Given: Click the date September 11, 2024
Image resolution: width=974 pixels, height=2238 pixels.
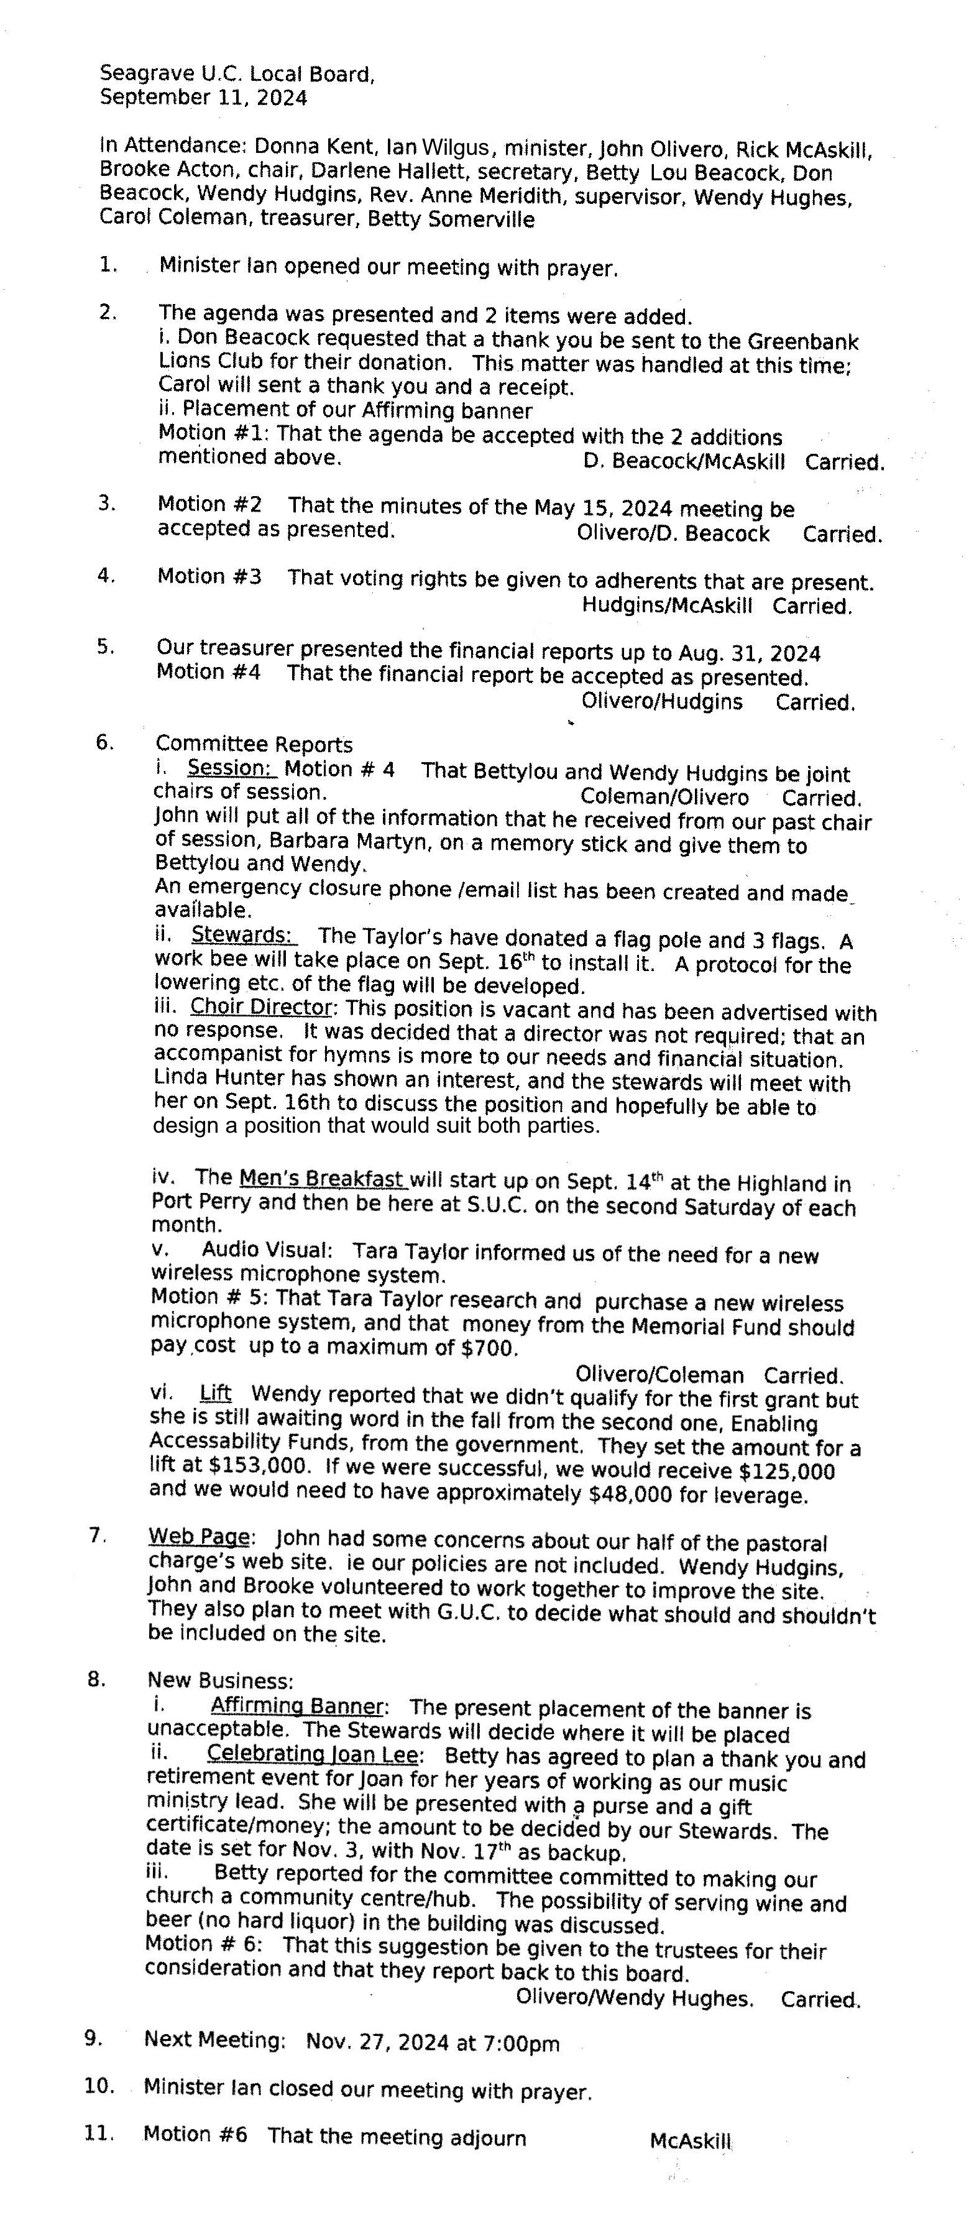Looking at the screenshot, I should coord(203,98).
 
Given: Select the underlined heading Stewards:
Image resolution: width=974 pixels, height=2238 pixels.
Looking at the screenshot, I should coord(243,935).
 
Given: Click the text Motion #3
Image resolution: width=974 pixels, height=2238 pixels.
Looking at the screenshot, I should coord(209,576).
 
